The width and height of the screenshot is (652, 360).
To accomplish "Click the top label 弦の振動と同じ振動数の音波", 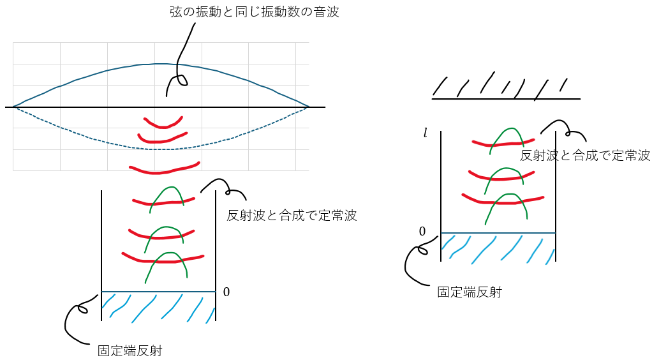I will pos(254,12).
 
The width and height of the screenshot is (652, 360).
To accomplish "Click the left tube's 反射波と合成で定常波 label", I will pos(292,216).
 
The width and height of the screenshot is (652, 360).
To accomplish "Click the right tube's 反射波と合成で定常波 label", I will pos(585,155).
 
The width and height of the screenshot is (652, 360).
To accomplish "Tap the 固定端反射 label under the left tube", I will pos(130,350).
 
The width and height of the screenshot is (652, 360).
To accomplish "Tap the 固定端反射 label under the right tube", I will pos(469,292).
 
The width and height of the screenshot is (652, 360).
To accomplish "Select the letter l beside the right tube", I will pos(425,133).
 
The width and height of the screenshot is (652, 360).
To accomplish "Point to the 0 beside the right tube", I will pos(422,231).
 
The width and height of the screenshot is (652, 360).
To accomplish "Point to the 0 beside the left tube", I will pos(226,292).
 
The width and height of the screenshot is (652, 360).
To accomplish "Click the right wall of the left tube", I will pos(216,255).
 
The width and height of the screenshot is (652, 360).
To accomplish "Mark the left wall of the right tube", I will pos(441,191).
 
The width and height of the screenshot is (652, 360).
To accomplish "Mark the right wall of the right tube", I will pos(556,191).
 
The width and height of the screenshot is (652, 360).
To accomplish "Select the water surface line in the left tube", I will pos(158,292).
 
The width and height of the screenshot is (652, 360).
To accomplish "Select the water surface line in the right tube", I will pos(498,233).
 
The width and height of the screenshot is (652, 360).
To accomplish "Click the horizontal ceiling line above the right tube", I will pos(506,99).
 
